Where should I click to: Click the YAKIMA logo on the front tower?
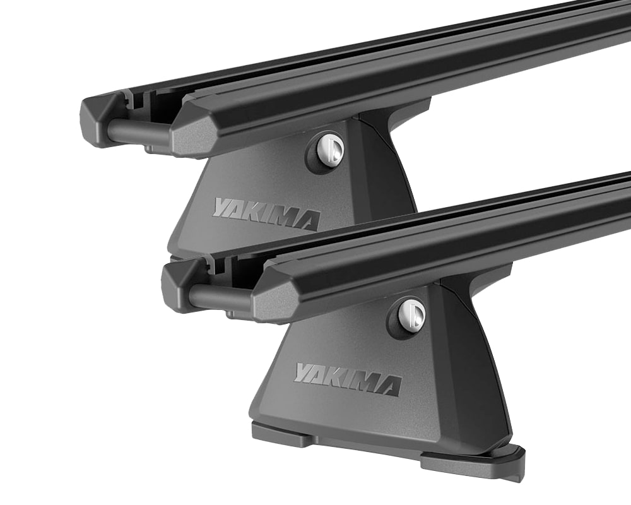click(347, 378)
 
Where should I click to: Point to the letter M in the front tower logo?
click(366, 383)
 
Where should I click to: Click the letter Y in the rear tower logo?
click(223, 206)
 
